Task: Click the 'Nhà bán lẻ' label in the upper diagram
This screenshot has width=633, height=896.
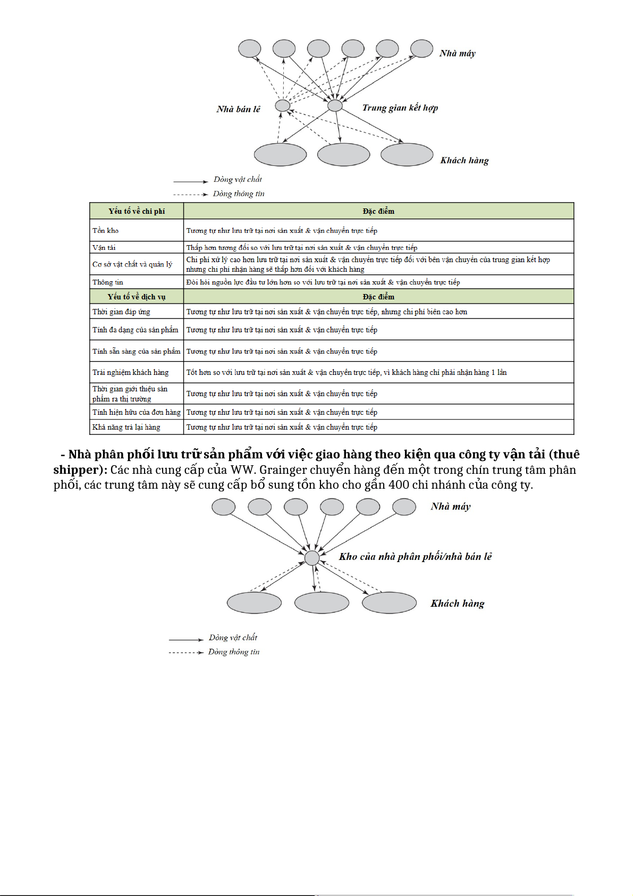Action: (x=238, y=109)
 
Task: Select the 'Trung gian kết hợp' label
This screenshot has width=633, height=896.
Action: (x=400, y=108)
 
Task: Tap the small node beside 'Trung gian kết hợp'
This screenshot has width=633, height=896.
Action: (x=335, y=105)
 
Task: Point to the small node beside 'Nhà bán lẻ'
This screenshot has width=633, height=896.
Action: (x=282, y=105)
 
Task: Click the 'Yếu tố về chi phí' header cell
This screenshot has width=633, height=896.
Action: (x=137, y=211)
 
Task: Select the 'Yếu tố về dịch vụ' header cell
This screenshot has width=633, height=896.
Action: (x=137, y=297)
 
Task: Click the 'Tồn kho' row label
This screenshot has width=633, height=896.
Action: (x=106, y=230)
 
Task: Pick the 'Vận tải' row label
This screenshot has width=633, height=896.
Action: (x=104, y=247)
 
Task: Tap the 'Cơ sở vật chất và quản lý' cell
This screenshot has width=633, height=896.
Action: (x=132, y=264)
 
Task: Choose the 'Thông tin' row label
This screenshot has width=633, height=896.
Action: (x=108, y=282)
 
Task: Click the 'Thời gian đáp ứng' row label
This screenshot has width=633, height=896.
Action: (x=121, y=312)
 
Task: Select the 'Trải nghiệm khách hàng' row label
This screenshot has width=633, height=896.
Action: (x=130, y=372)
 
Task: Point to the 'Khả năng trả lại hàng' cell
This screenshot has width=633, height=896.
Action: (x=126, y=427)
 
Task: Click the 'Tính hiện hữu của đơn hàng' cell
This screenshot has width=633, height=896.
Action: (x=136, y=412)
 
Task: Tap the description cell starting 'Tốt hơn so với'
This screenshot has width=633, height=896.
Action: (x=346, y=372)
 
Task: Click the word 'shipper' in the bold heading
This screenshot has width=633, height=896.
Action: (x=77, y=470)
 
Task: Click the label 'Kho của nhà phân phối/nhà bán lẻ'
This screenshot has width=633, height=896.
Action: (x=415, y=557)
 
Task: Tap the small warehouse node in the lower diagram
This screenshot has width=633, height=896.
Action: (x=312, y=558)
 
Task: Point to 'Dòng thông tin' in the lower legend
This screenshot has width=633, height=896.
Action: (x=234, y=652)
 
